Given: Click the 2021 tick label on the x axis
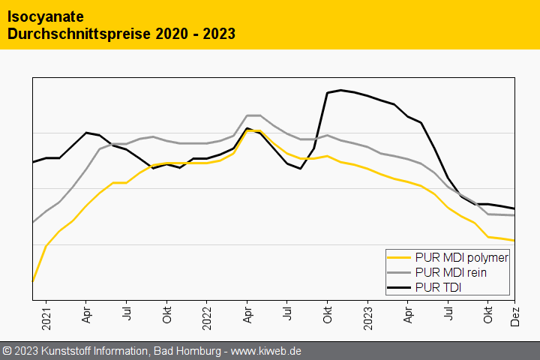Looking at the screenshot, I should (46, 315).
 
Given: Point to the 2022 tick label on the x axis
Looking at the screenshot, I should (206, 315).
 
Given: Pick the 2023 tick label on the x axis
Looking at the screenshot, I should (367, 315).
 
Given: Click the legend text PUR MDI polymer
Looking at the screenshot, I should (461, 258).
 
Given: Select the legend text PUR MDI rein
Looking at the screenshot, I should (450, 272).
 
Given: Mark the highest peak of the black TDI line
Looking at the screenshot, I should (341, 90).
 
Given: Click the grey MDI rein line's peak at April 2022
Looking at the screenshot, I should (253, 115).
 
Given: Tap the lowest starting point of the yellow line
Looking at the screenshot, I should (33, 281).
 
